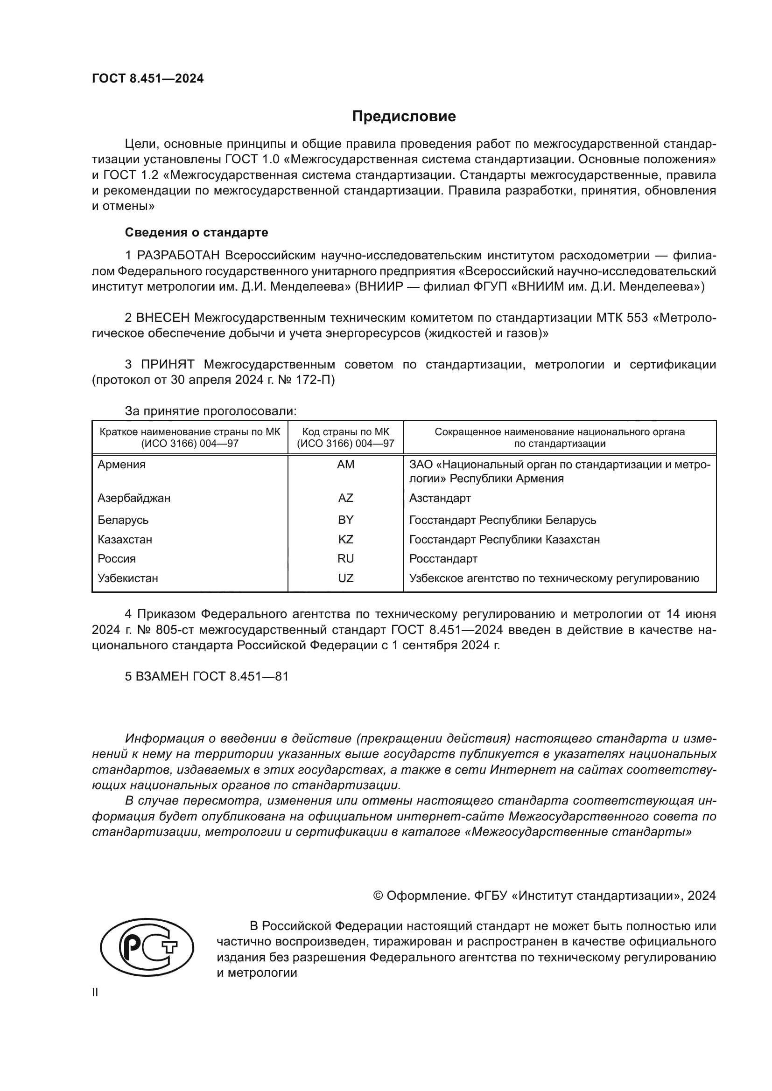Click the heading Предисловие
(404, 117)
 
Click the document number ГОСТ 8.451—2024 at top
(148, 79)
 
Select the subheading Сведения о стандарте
(197, 232)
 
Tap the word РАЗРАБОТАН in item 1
(178, 256)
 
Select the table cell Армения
(122, 465)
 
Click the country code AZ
(345, 498)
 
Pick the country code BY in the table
(345, 520)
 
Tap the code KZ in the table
(345, 539)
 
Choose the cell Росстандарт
(443, 559)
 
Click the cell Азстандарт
(440, 498)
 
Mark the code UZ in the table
(345, 578)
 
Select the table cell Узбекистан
(128, 578)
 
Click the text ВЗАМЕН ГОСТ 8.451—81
(207, 676)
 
